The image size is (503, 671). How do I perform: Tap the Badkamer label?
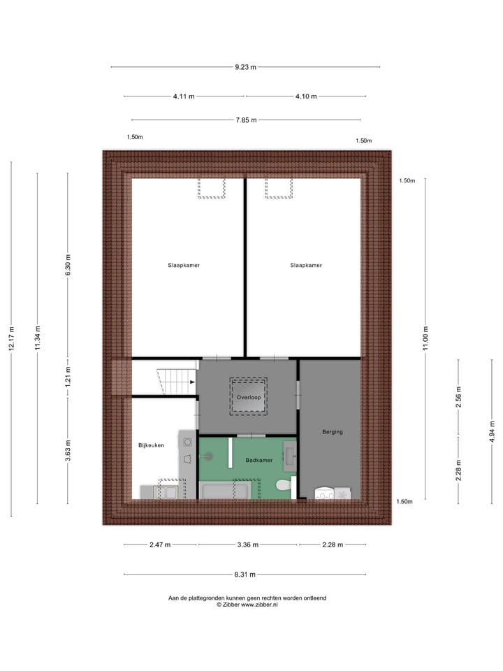258,461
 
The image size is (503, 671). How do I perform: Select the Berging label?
333,432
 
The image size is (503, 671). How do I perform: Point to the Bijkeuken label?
151,445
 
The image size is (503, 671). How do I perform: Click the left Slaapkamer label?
184,266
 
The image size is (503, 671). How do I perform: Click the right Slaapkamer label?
306,266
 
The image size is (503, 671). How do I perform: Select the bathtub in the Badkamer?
225,490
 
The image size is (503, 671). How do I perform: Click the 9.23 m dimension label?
245,67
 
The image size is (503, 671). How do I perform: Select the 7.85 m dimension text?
245,120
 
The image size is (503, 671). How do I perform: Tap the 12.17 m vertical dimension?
11,339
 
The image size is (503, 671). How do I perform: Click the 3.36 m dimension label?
247,545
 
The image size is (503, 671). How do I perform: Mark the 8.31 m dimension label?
245,575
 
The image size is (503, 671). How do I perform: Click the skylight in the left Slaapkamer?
211,188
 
